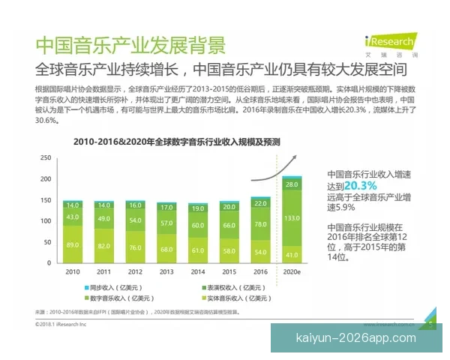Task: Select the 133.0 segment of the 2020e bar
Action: (x=292, y=217)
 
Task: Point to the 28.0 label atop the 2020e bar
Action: (x=292, y=184)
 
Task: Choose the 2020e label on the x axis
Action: (x=292, y=274)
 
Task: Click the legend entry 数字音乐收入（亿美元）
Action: (x=115, y=298)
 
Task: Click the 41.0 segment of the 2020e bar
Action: (x=292, y=254)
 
